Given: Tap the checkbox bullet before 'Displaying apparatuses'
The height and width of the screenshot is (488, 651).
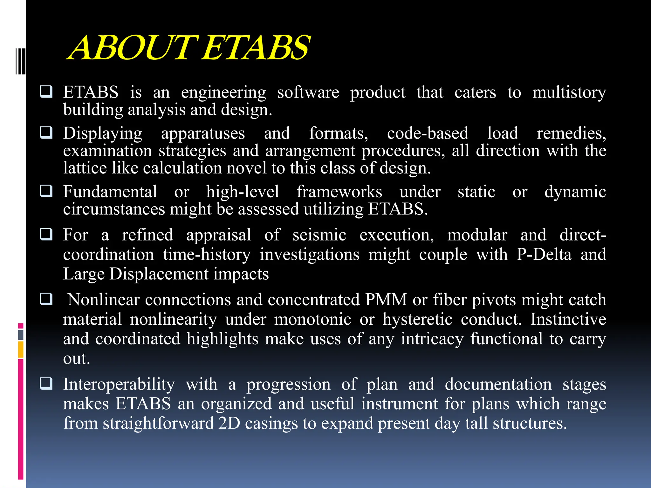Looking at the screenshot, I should tap(46, 132).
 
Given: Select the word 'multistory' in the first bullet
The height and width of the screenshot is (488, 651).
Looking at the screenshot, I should tap(569, 93).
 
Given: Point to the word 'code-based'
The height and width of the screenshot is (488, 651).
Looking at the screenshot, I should tap(428, 133).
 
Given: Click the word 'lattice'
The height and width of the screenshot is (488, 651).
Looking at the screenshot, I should tap(85, 168).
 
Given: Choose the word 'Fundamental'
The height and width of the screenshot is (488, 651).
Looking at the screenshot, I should tap(110, 192).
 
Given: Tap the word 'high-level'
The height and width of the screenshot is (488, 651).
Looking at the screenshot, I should tap(243, 192).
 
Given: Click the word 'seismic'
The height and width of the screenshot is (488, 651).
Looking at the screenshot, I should tap(319, 235).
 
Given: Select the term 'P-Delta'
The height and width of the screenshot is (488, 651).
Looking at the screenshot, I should tap(544, 254).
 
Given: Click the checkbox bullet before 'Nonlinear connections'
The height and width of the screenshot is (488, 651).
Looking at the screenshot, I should tap(46, 299).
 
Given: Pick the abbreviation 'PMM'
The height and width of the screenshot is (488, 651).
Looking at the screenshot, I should tap(386, 300).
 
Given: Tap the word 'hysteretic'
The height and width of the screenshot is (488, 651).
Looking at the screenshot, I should tap(417, 319).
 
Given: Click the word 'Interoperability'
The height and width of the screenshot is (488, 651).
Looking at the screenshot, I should tap(119, 384).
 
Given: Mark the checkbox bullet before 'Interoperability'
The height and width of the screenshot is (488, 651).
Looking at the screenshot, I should tap(46, 383).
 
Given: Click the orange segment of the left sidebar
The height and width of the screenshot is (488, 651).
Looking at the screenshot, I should tap(21, 349).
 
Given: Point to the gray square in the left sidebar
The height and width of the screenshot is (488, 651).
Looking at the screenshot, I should tap(21, 335).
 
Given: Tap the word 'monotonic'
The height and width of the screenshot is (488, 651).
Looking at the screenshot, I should tap(313, 319).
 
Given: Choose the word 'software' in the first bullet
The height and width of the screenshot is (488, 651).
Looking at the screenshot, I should tap(308, 93).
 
